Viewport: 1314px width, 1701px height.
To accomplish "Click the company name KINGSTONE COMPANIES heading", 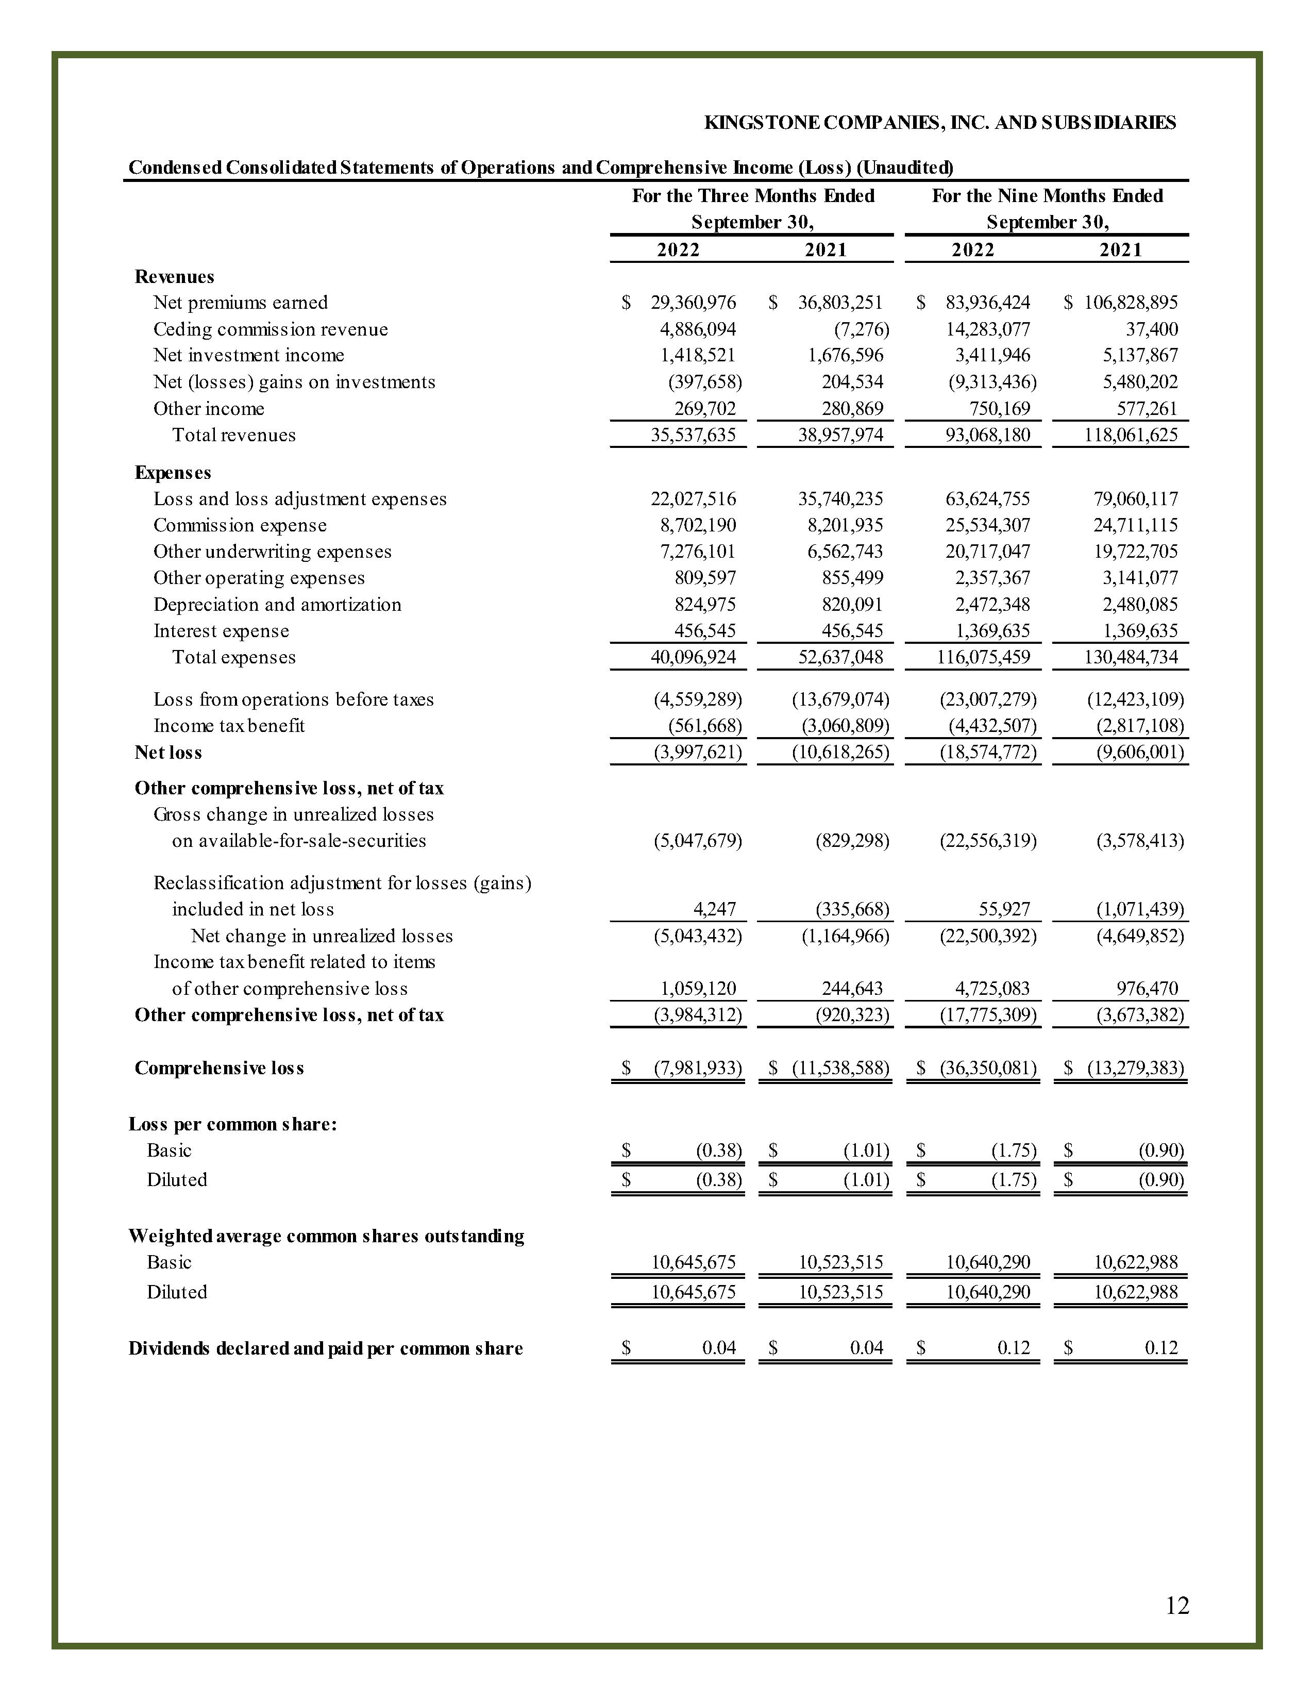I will (x=939, y=122).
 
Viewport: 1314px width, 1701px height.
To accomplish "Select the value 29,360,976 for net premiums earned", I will (x=693, y=302).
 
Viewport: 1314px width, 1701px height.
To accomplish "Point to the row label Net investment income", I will (x=248, y=355).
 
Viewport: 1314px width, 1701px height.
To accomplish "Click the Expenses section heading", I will (x=173, y=473).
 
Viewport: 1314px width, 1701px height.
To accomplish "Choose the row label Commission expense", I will (x=240, y=525).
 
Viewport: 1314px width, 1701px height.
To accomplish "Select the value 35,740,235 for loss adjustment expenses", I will (x=840, y=498).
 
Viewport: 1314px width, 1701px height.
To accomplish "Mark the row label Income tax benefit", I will (x=229, y=726).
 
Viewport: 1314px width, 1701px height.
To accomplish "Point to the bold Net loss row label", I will (x=168, y=753).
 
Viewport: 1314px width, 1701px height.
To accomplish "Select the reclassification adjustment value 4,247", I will (x=714, y=909).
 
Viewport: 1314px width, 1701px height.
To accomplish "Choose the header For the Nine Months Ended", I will (x=1047, y=195).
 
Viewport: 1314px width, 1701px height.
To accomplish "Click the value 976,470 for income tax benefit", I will (x=1147, y=988).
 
